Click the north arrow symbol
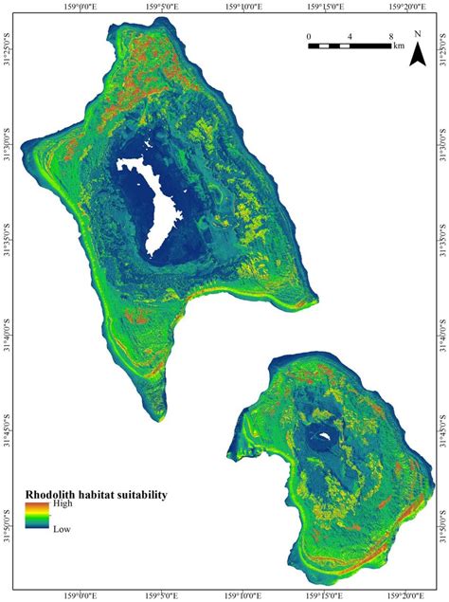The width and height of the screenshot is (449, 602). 416,59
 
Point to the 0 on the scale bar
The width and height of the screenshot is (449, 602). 309,38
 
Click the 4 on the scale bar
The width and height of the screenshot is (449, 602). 350,38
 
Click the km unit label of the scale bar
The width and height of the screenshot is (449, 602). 399,46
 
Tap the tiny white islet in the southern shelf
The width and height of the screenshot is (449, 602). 324,438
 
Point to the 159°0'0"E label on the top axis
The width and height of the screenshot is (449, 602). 82,6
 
